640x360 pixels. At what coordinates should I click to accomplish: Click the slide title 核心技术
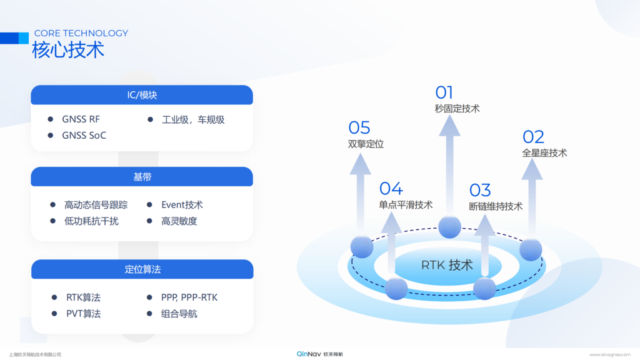68,50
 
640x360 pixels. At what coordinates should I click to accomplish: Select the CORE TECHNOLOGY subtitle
81,33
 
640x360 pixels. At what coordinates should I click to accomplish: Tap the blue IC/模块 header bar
142,95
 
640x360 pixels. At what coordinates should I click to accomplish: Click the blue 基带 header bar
142,177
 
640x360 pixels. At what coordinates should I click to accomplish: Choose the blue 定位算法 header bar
142,269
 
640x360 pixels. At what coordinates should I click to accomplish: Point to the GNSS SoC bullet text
84,135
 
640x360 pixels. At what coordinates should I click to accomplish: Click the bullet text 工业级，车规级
193,119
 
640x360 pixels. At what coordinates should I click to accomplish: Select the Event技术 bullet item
182,204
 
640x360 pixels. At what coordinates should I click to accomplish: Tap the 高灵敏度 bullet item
179,221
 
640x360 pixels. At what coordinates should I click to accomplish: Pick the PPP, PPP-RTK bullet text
189,297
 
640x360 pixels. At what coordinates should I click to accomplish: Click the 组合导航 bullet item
179,314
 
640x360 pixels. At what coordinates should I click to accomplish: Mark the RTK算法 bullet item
83,297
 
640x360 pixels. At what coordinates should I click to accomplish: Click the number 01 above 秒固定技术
444,93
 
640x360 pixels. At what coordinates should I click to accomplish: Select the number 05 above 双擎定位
359,128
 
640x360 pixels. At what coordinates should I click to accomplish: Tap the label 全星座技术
544,152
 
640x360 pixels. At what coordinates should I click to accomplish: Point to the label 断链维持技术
496,206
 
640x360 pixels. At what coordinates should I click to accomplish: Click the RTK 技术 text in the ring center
447,265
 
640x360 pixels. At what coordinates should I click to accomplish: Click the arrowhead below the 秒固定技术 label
449,126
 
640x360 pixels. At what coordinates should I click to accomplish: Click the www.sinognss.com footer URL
610,354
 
